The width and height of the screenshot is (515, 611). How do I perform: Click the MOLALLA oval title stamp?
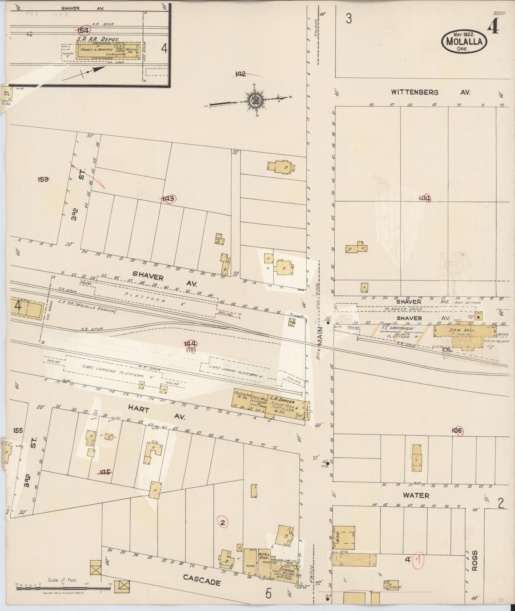click(x=464, y=42)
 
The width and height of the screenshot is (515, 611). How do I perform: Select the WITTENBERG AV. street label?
click(x=430, y=92)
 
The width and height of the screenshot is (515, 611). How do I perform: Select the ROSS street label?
click(x=474, y=561)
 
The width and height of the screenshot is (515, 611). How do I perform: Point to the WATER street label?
click(x=416, y=496)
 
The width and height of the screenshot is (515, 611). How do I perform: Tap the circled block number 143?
click(x=168, y=199)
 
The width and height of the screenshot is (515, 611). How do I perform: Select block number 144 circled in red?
click(x=190, y=344)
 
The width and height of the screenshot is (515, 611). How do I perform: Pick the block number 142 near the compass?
click(x=241, y=74)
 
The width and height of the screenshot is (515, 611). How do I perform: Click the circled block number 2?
click(x=223, y=523)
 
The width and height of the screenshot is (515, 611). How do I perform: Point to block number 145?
click(x=104, y=472)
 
